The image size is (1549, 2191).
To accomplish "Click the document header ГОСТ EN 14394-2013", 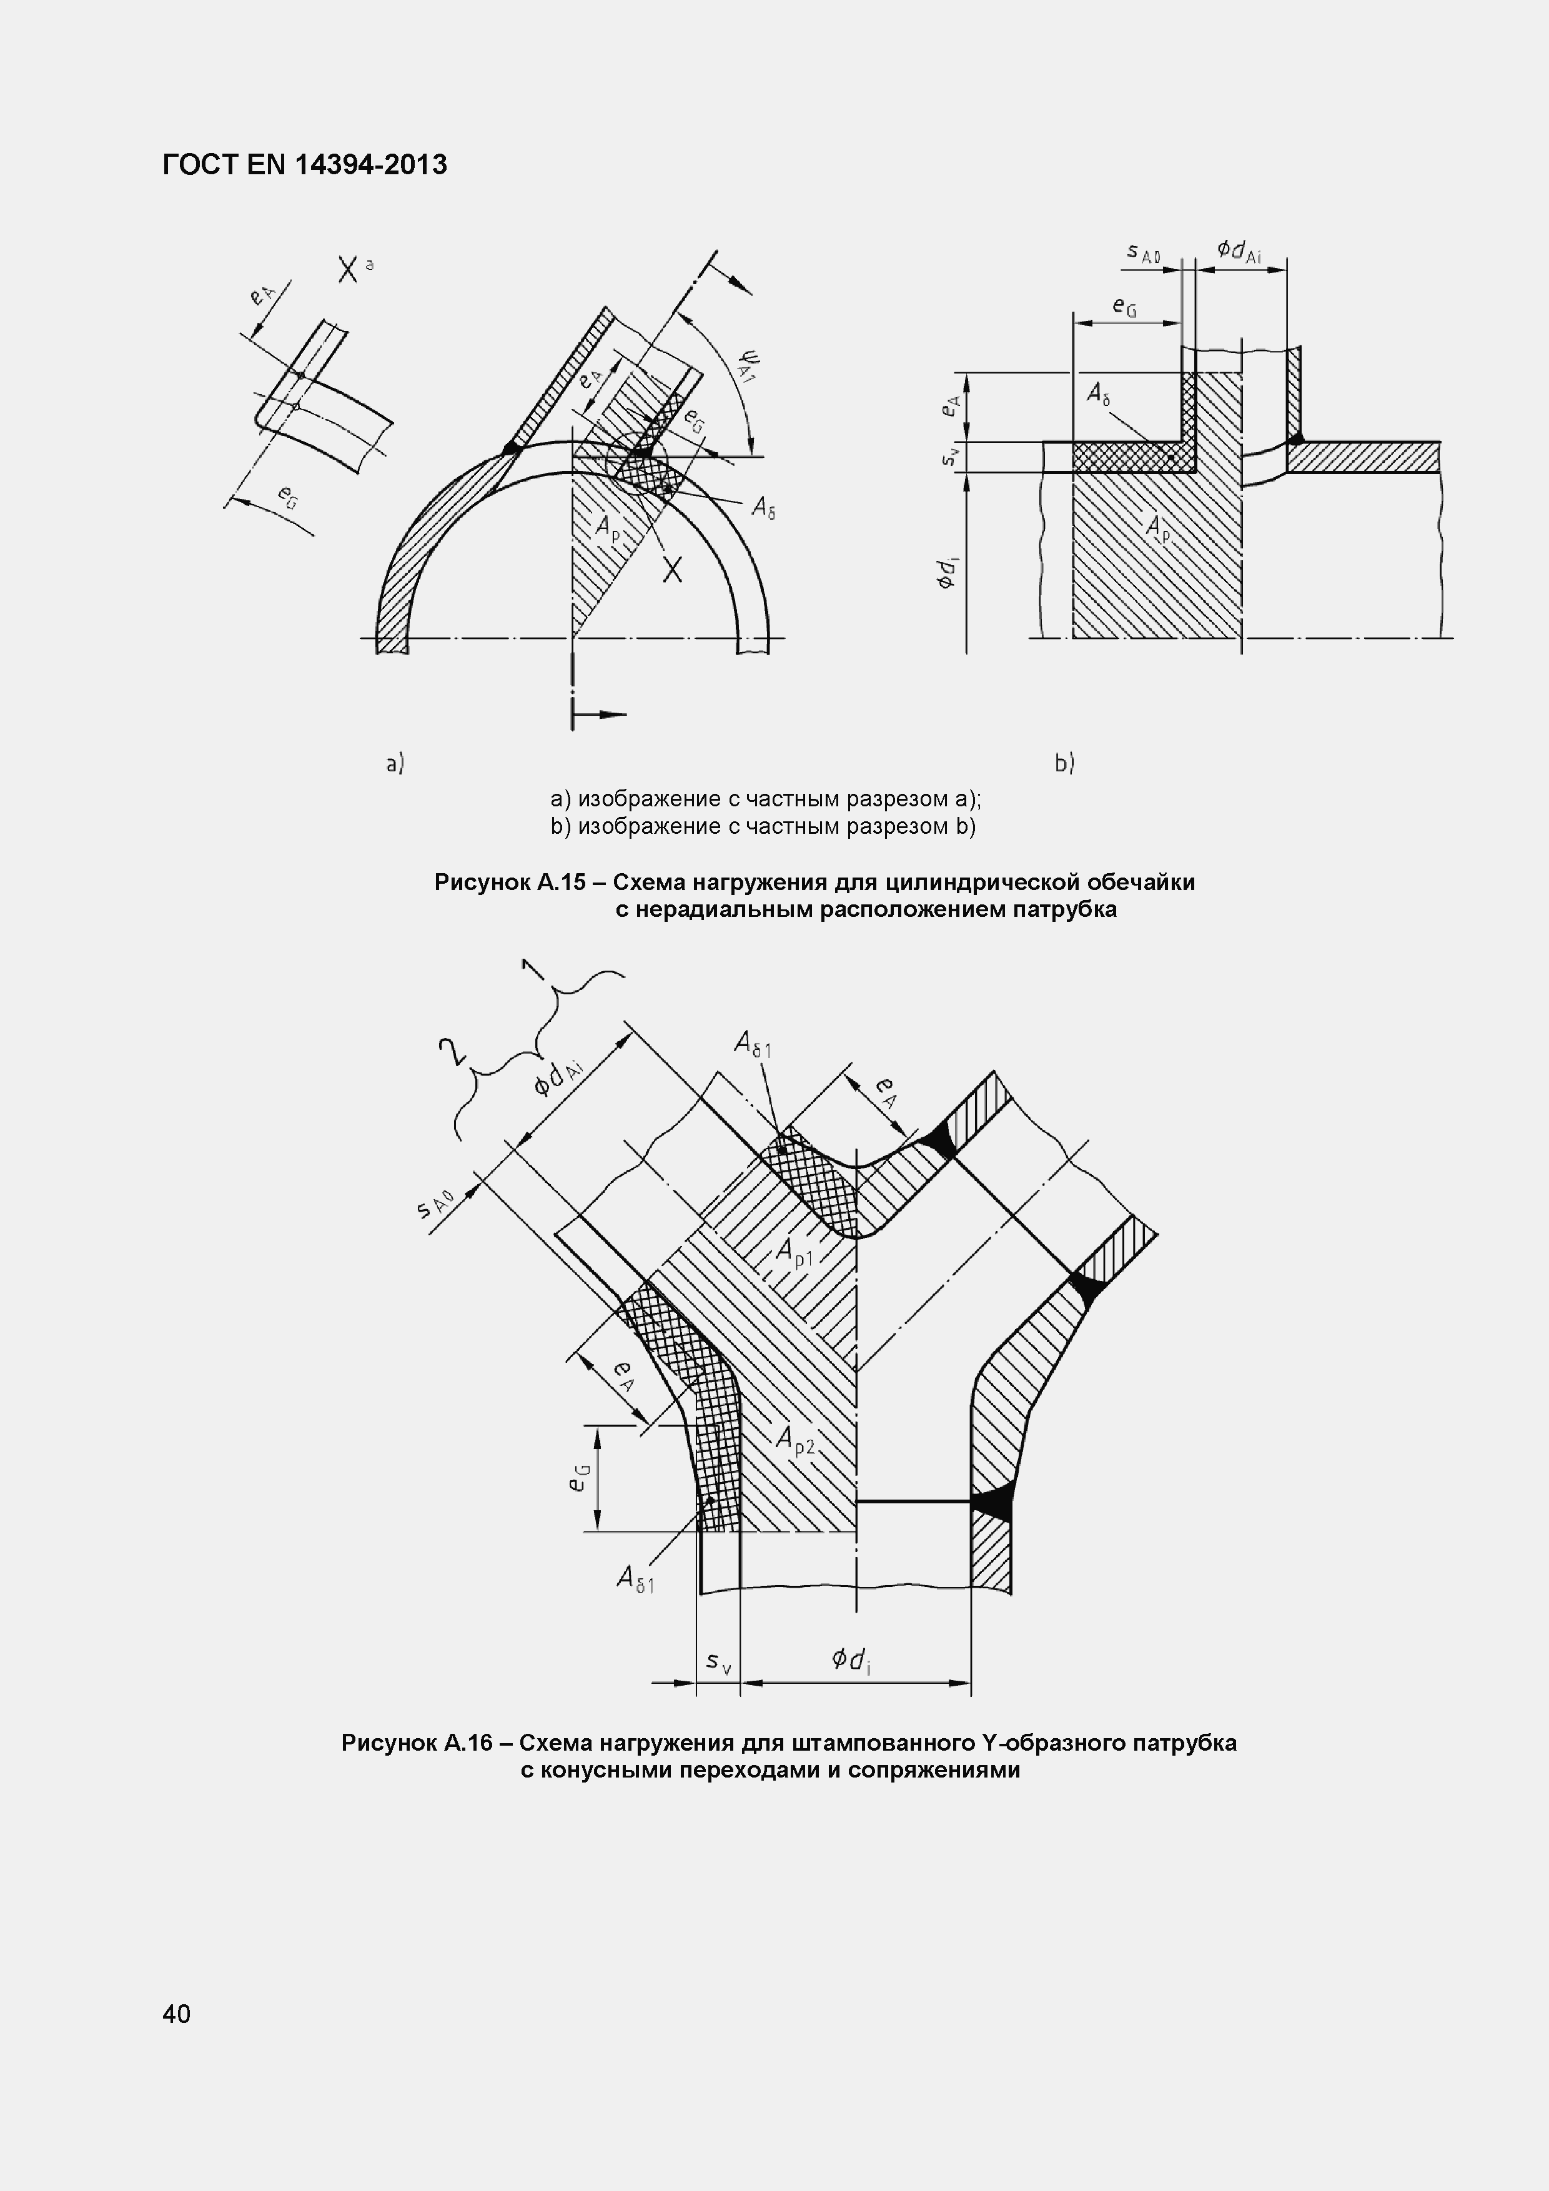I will tap(304, 165).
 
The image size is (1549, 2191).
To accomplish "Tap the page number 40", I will tap(177, 2014).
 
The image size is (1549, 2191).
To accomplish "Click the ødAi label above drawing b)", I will tap(1239, 251).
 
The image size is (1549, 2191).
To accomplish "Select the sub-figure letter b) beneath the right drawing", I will tap(1064, 763).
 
